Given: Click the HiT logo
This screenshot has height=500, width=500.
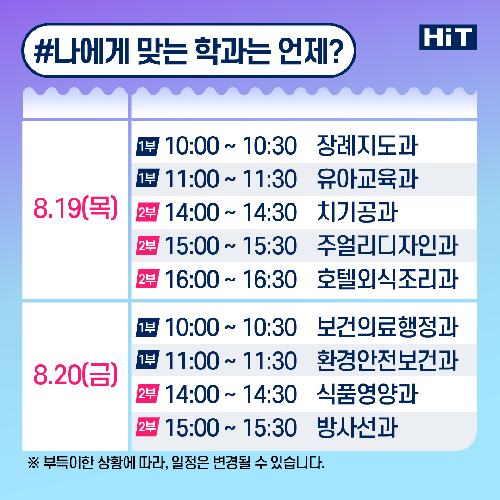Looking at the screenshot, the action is coord(448,37).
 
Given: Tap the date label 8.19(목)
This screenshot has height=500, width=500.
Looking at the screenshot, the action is coord(75,208).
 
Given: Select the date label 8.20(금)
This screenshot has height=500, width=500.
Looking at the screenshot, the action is coord(75,375).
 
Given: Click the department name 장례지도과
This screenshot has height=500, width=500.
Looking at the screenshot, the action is coord(367,146).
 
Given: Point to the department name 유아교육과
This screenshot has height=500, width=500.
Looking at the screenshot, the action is coord(367,179).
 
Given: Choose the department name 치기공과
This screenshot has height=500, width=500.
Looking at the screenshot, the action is coord(357,212).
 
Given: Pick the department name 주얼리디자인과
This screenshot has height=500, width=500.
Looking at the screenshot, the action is coord(387,245).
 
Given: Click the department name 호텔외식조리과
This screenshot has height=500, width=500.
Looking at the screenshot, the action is coord(387,279).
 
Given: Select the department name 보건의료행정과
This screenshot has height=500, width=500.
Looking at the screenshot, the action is coord(387,327).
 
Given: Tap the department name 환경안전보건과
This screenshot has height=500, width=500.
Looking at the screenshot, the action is coord(387,361).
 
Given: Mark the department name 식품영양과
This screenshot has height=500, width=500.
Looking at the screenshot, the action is coord(367,394).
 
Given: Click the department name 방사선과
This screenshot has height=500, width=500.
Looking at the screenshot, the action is coord(357,427).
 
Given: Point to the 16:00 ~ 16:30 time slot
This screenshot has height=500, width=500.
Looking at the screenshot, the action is coord(231,280).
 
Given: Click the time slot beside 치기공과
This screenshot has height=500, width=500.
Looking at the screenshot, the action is coord(231,212).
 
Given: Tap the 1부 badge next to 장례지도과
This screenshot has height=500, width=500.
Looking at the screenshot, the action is coord(148,146).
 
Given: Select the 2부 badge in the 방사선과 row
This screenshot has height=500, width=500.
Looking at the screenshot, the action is coord(148,427).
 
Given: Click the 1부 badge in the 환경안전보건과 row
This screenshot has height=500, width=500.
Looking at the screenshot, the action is coord(148,361).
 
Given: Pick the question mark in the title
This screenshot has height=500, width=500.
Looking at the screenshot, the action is coord(335,51).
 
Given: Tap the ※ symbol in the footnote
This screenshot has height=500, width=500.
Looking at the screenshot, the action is coord(33,462).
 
